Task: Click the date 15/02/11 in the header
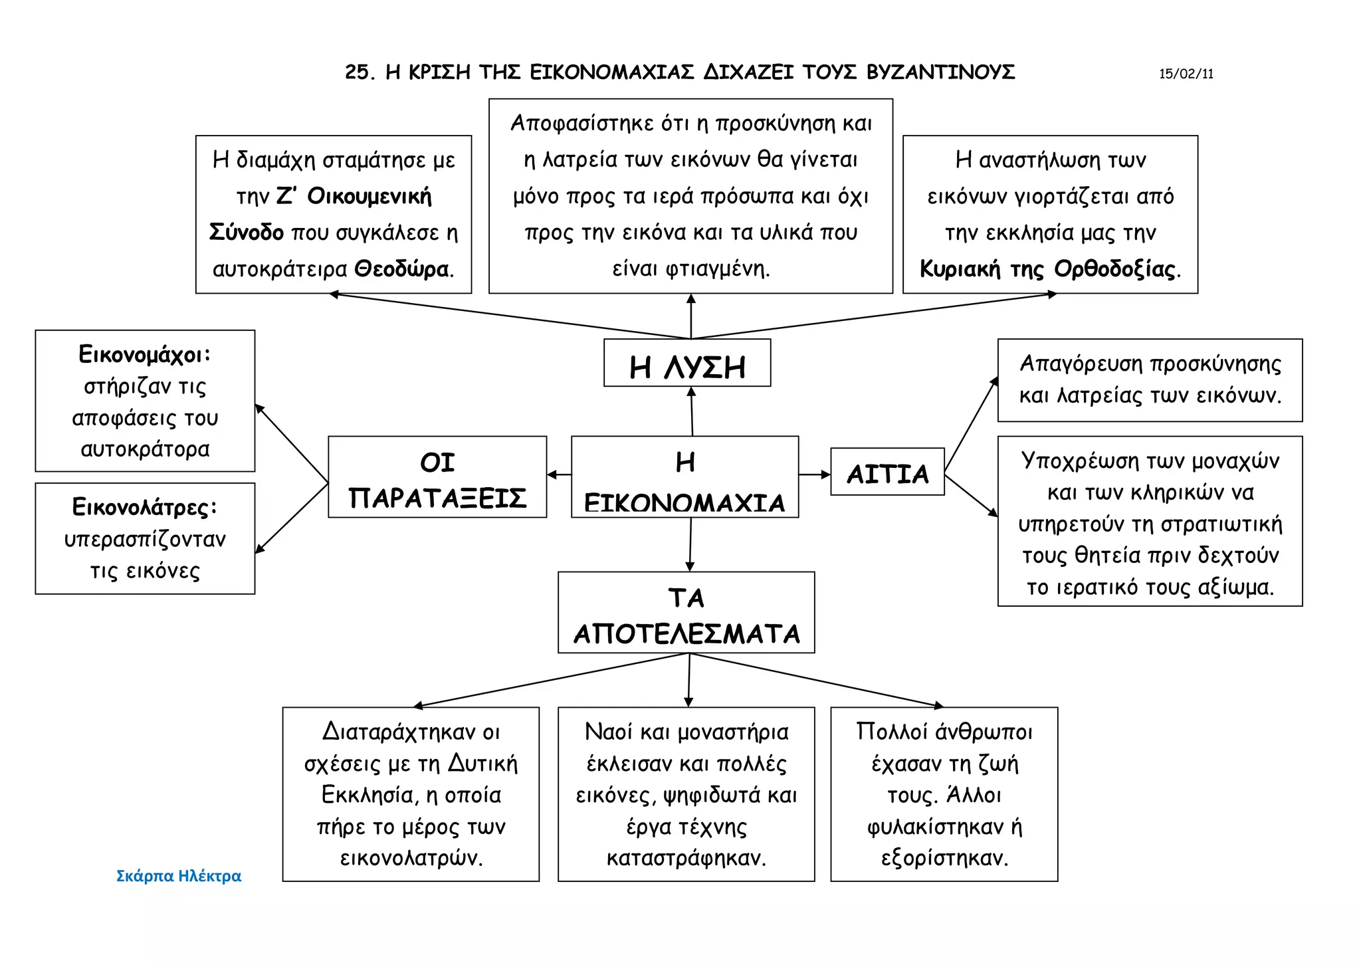click(x=1186, y=74)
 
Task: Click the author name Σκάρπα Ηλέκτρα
click(x=178, y=876)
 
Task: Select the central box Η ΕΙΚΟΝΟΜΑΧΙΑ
click(x=684, y=477)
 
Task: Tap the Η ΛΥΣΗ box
click(x=687, y=364)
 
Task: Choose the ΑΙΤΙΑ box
click(x=887, y=473)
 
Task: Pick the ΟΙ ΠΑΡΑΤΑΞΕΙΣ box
click(x=437, y=477)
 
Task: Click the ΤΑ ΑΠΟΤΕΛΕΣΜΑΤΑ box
click(x=686, y=613)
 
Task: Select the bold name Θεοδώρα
click(x=401, y=269)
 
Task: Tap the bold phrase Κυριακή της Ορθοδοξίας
click(x=1047, y=269)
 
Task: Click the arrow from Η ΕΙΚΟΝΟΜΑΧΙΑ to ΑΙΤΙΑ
click(x=814, y=475)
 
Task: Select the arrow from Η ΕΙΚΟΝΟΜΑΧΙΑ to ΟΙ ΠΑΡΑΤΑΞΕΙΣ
click(x=559, y=475)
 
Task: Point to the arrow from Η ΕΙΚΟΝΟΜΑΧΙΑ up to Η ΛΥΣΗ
click(x=692, y=411)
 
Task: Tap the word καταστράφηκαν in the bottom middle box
click(x=686, y=858)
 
